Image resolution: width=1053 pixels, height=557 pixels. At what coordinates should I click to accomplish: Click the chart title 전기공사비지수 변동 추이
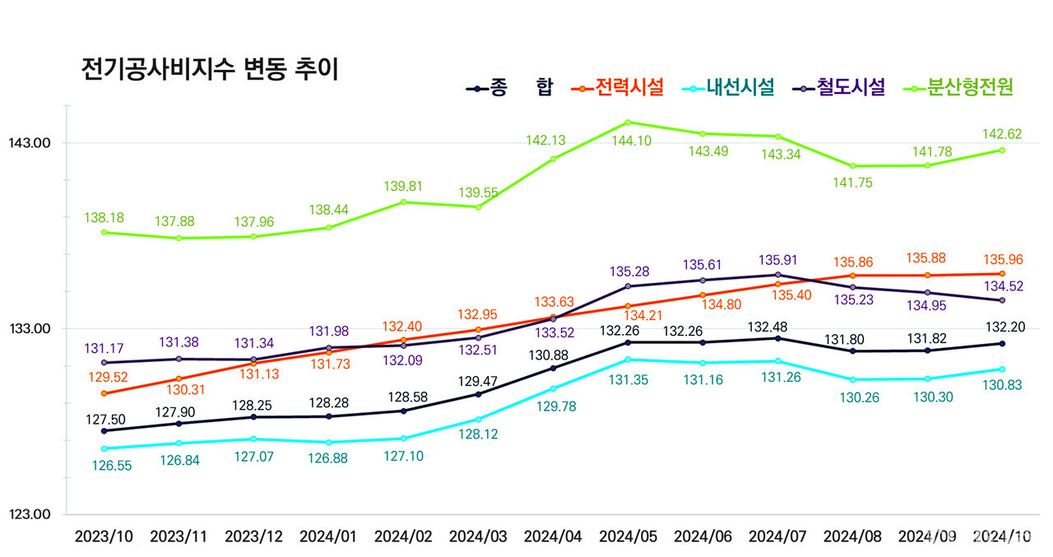210,68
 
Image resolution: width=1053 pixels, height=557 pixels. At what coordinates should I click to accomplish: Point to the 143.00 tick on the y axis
30,143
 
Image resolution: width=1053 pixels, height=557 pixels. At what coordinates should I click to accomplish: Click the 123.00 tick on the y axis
30,515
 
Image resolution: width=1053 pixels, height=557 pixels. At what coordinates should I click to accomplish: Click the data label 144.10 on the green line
628,141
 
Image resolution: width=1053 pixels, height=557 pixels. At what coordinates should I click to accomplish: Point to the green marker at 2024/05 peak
628,123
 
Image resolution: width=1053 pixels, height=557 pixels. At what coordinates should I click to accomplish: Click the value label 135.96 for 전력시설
1002,259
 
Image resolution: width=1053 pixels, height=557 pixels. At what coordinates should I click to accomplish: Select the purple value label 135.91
777,260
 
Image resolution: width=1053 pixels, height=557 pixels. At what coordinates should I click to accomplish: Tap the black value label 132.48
777,327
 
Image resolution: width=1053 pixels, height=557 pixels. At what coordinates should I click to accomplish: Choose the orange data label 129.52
104,377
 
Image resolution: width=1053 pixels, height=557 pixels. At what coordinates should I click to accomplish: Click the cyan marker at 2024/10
1002,369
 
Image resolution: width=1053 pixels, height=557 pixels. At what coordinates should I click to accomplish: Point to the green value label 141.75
852,183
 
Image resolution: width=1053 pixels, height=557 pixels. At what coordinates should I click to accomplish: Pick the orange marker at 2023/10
104,393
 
